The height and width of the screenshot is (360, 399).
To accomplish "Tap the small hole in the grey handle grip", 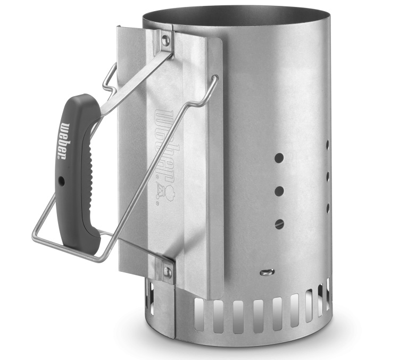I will coord(62,181).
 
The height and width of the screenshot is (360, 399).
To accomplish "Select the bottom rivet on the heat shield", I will coord(168,272).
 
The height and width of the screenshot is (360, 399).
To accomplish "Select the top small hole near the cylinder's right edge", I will coord(327,144).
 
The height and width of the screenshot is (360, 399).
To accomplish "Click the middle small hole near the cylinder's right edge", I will coord(328,175).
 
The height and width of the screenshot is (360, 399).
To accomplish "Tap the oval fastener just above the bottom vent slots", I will coord(268,272).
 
